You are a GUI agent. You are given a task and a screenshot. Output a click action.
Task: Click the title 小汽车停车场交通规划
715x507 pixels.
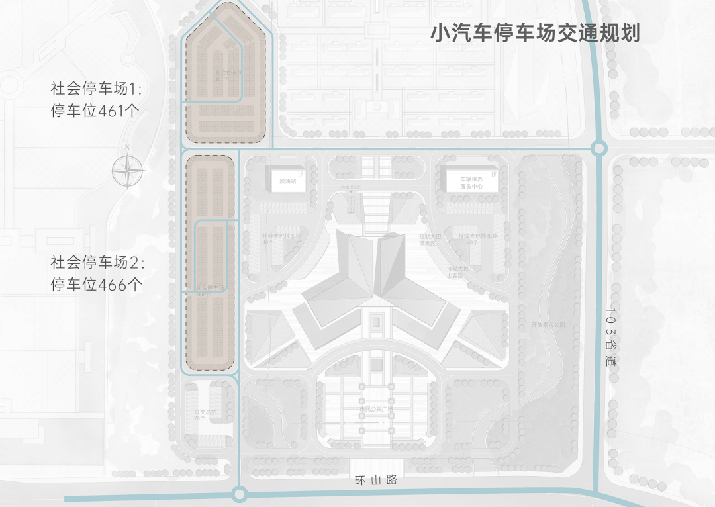[535, 33]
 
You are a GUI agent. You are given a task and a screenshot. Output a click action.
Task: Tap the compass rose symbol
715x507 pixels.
[128, 171]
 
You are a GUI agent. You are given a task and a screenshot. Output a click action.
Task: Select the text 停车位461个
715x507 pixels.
[95, 111]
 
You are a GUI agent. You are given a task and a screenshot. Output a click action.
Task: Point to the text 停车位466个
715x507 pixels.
[95, 285]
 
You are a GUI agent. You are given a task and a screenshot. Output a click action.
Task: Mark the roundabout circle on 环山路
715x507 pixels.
[240, 494]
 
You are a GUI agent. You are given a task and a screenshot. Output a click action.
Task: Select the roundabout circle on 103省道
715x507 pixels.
[599, 148]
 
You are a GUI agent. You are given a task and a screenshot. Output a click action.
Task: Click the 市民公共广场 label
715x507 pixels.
[375, 409]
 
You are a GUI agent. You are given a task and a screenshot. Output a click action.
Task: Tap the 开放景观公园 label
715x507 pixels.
[549, 325]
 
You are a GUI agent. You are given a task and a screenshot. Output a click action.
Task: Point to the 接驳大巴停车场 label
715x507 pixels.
[477, 238]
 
